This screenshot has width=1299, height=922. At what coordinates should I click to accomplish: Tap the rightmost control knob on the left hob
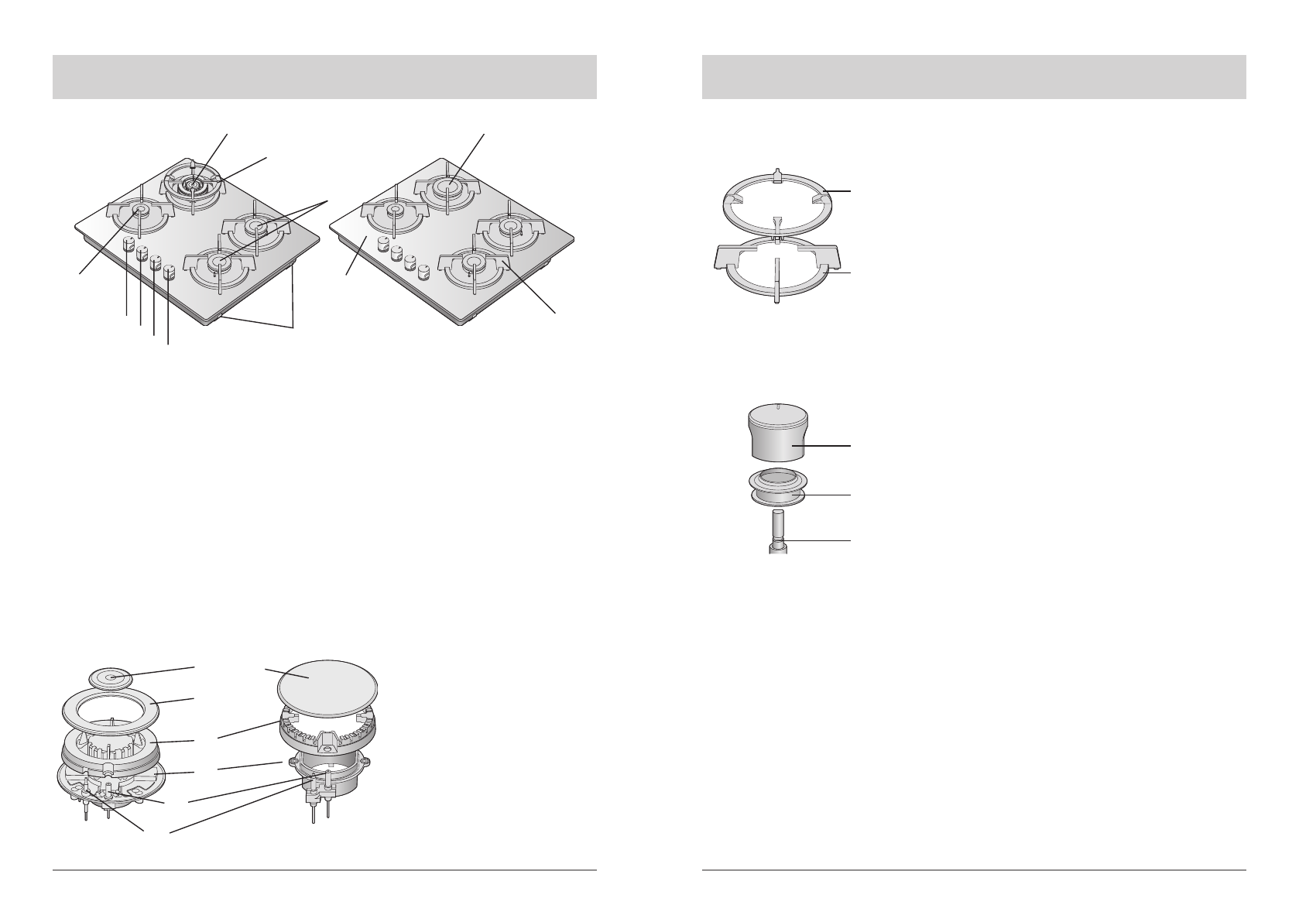170,271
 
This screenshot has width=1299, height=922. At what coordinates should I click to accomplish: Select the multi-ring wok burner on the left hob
193,186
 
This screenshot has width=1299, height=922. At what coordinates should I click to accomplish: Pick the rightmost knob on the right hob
423,272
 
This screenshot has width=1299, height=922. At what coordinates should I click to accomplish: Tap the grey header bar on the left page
324,77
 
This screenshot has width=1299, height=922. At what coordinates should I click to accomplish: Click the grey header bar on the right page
973,77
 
